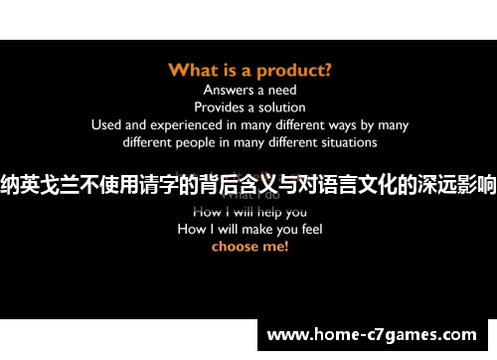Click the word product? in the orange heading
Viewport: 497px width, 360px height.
coord(295,70)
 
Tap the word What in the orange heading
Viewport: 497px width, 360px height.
coord(192,70)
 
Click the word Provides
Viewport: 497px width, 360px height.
coord(221,106)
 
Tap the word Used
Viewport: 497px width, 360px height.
coord(105,124)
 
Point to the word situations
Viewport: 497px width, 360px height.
coord(346,142)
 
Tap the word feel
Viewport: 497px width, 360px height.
coord(306,229)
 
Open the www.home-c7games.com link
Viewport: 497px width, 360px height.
coord(372,335)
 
